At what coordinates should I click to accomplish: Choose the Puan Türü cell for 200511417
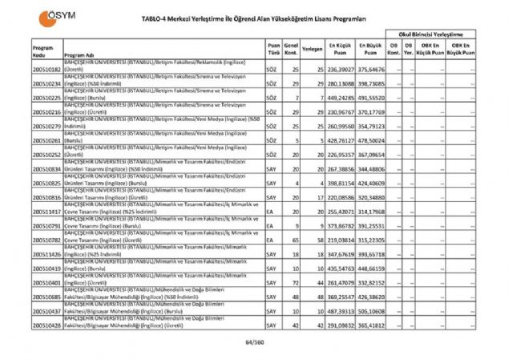(x=271, y=212)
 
